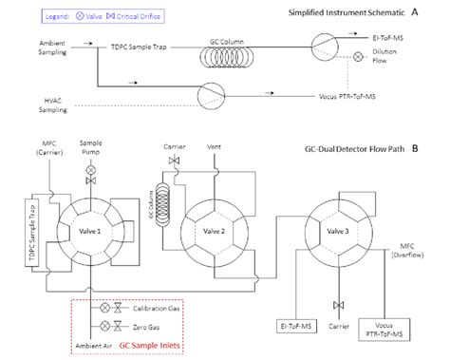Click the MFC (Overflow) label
pos(410,251)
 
